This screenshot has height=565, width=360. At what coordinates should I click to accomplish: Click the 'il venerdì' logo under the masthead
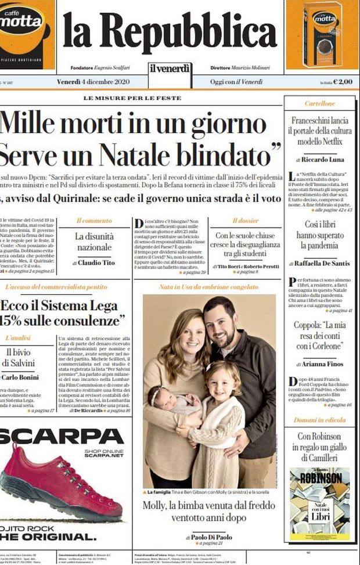170,68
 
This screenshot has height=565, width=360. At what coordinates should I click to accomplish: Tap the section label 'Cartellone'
320,103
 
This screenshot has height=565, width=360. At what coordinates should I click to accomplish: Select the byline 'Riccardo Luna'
323,159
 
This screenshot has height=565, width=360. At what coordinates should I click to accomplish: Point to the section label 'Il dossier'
245,221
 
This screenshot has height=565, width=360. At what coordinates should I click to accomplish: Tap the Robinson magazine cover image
320,503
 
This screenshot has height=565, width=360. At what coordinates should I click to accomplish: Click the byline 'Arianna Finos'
323,364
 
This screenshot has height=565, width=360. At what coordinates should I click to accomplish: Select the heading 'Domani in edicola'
320,420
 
